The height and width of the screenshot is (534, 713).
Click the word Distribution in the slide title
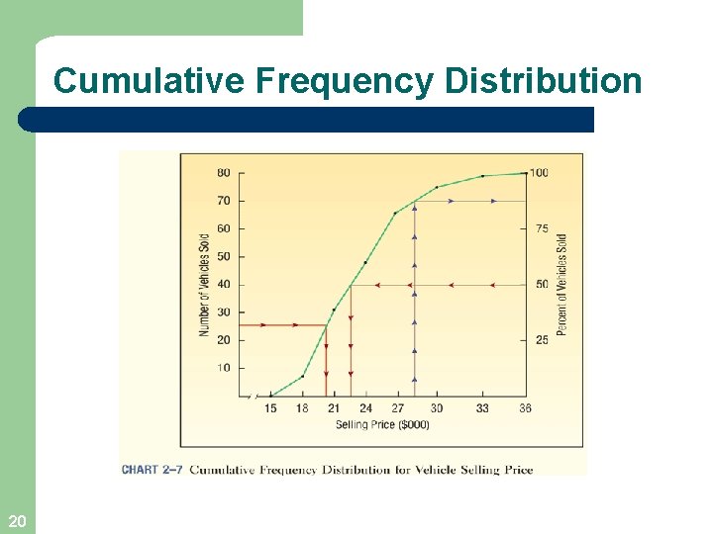[544, 81]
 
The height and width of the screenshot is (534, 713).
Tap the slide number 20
[16, 521]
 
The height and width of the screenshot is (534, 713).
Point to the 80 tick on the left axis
[224, 173]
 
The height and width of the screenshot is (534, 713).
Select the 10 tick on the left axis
[224, 368]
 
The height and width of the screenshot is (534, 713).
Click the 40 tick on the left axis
[224, 285]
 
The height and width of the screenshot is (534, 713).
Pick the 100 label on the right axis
[539, 173]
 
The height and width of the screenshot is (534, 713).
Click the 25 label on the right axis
[542, 340]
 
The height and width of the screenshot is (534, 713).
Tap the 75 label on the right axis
[542, 228]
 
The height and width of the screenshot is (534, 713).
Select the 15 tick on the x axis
[270, 408]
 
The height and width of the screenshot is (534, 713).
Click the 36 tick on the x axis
[525, 408]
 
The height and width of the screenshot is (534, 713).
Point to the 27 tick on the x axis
[397, 408]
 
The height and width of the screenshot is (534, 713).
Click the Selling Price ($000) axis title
[382, 424]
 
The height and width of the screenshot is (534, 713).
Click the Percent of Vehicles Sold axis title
[562, 285]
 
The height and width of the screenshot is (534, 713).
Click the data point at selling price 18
[302, 376]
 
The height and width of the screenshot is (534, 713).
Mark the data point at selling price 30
[437, 187]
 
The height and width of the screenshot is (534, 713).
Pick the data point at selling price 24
[365, 262]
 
